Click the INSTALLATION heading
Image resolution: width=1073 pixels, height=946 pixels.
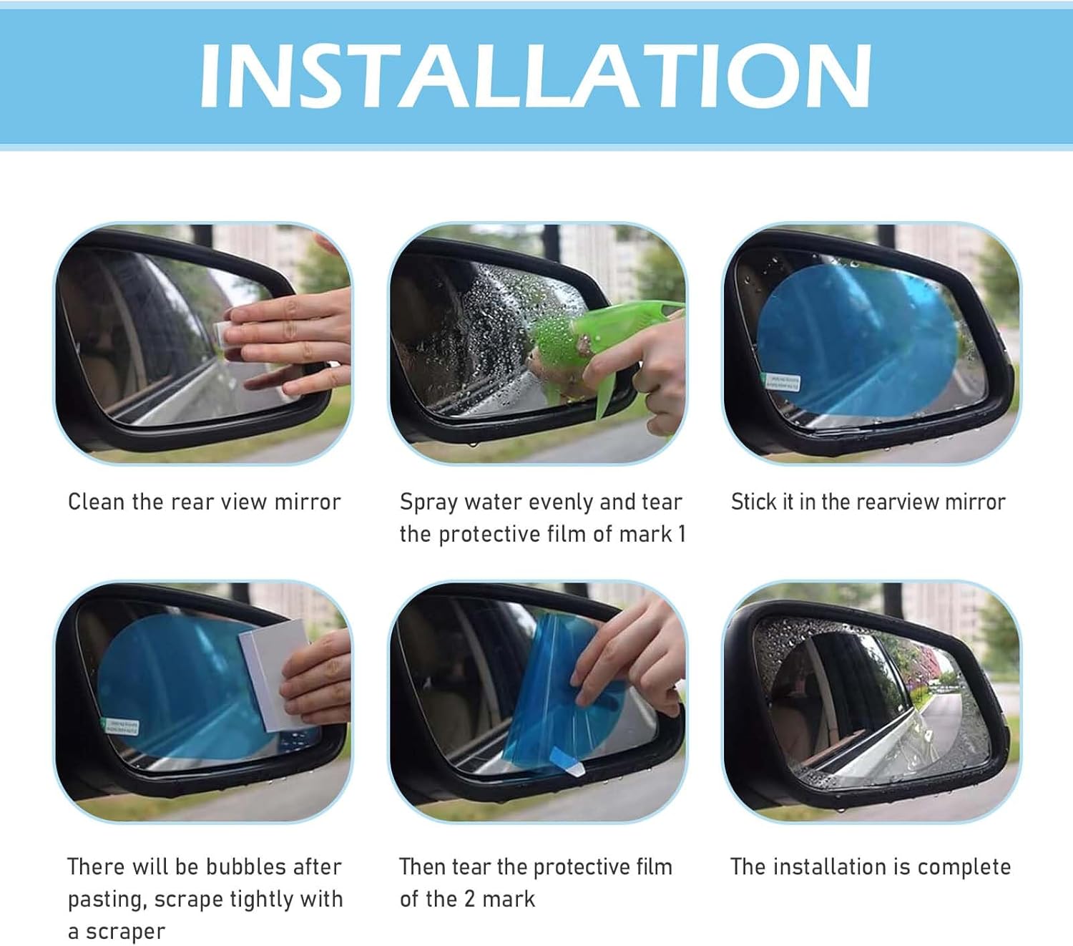click(x=535, y=76)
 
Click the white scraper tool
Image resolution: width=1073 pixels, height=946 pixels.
click(x=275, y=673)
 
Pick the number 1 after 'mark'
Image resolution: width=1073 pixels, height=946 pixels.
click(x=682, y=534)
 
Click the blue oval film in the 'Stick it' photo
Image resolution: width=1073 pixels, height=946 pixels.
click(x=858, y=336)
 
